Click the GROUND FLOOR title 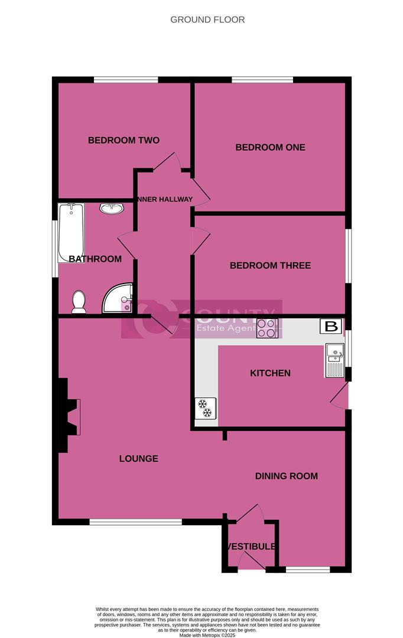click(x=207, y=19)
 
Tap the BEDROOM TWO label click(x=123, y=141)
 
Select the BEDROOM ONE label click(x=270, y=147)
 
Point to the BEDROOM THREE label click(x=270, y=266)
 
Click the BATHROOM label click(x=95, y=259)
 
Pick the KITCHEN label click(x=270, y=373)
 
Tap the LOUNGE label click(x=138, y=458)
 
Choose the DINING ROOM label click(x=286, y=476)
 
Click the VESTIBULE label click(x=250, y=546)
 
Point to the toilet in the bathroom click(x=79, y=302)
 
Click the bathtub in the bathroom click(x=71, y=232)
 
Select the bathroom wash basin click(x=111, y=209)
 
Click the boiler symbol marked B click(x=331, y=325)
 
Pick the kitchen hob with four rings click(x=267, y=328)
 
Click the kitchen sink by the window click(x=334, y=360)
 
